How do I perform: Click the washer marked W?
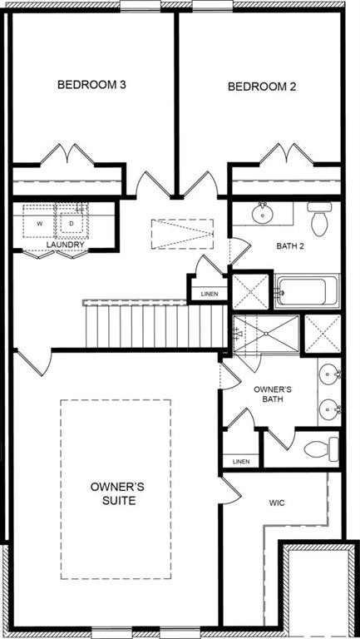(x=39, y=224)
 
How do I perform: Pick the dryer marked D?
(x=72, y=223)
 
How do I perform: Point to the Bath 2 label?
(x=293, y=246)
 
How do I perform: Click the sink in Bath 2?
(x=263, y=213)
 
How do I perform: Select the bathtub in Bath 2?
(x=307, y=292)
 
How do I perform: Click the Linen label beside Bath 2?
(x=210, y=294)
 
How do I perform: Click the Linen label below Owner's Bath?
(x=241, y=461)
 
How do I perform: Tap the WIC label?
(x=278, y=503)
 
